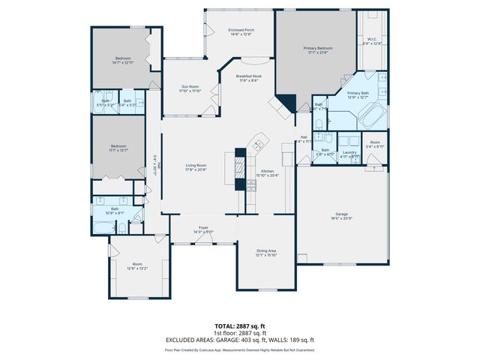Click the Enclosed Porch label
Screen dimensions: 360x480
click(x=240, y=30)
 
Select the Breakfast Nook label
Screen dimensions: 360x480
click(x=247, y=77)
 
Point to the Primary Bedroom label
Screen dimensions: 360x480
click(x=317, y=48)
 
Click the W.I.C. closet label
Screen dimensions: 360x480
click(x=372, y=40)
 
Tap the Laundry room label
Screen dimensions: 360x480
click(x=349, y=152)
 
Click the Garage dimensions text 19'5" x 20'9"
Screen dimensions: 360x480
click(x=342, y=218)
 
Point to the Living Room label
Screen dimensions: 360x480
click(x=196, y=166)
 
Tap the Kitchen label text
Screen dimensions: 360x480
click(x=267, y=172)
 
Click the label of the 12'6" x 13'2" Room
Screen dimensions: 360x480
click(x=137, y=264)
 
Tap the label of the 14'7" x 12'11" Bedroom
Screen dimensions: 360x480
click(x=123, y=58)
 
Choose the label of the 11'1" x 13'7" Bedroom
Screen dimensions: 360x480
click(x=118, y=146)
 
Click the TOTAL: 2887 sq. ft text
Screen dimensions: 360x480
click(x=239, y=326)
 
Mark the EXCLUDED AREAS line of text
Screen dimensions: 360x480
click(x=239, y=340)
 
